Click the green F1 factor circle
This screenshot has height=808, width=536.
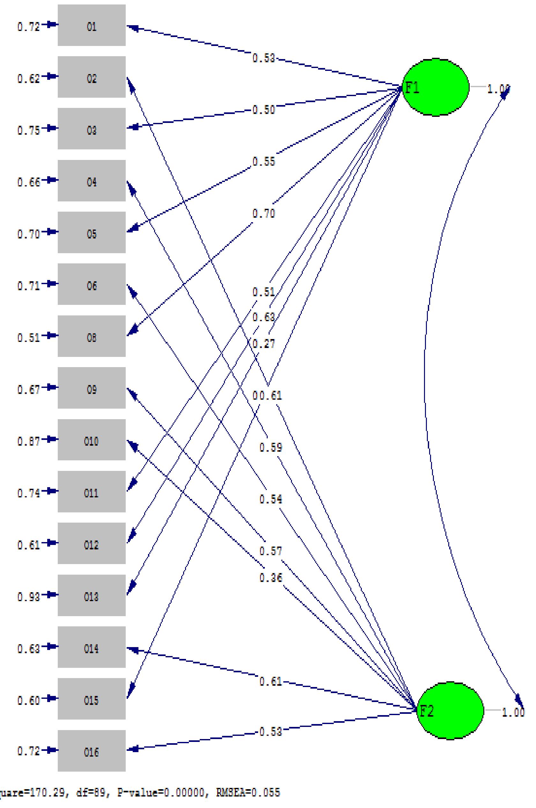coord(435,87)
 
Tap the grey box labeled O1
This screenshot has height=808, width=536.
coord(92,25)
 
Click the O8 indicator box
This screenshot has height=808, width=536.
coord(92,336)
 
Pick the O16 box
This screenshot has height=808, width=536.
coord(92,751)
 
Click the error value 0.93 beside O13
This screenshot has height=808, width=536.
coord(28,597)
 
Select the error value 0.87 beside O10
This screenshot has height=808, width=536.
coord(28,441)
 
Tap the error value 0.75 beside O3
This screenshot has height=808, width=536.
coord(28,130)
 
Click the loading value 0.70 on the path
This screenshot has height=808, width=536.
coord(264,214)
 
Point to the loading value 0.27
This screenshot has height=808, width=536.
coord(264,343)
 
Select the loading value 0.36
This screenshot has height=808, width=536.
coord(271,578)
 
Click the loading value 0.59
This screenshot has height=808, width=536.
coord(271,447)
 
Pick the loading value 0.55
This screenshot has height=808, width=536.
coord(264,162)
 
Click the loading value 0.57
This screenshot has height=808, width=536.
coord(271,551)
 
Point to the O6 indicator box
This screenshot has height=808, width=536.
coord(92,284)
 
